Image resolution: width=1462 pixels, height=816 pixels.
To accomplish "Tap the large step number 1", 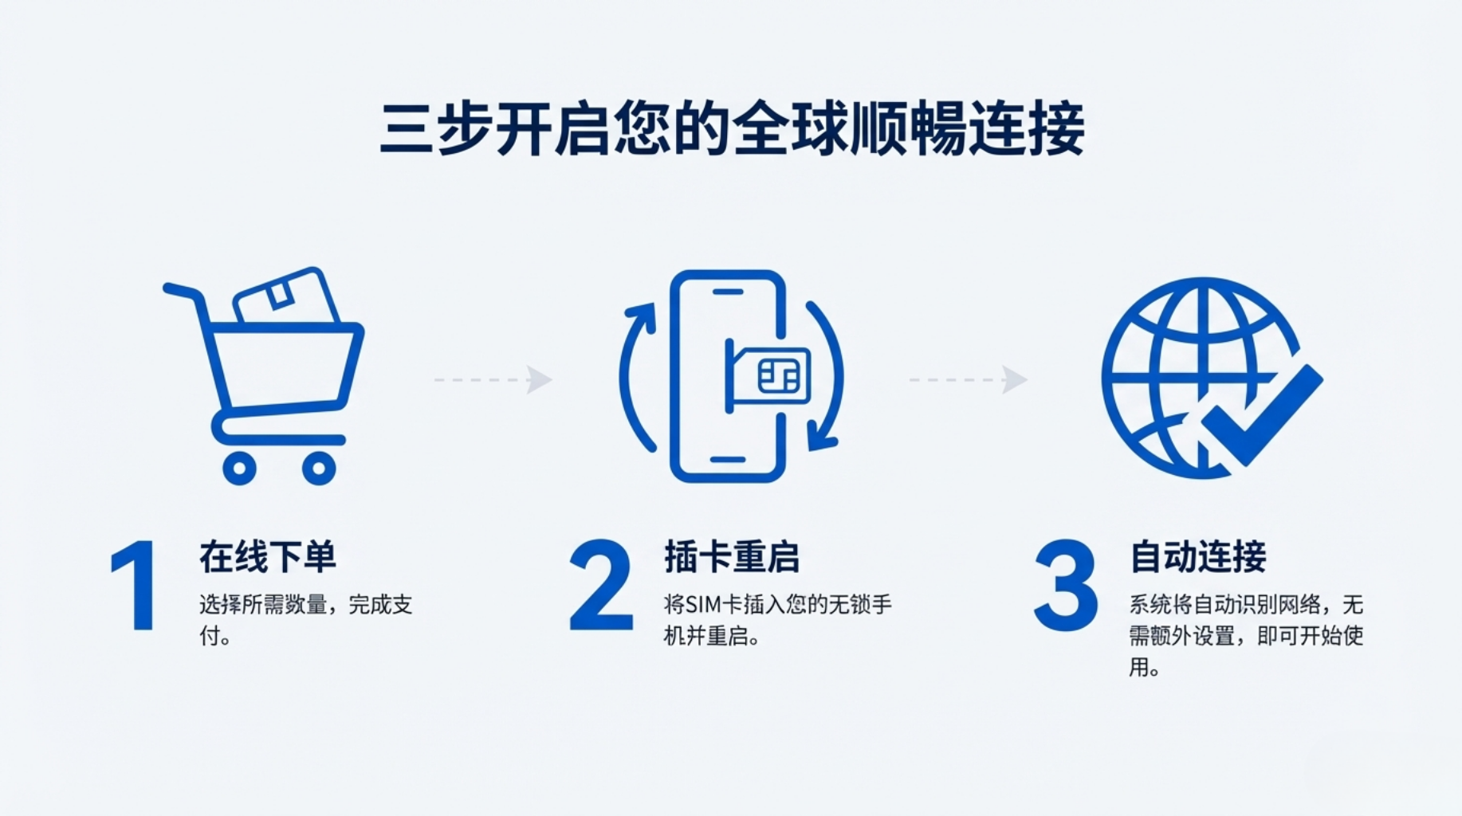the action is tap(135, 585).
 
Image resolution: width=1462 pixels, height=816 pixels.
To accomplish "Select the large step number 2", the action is tap(600, 585).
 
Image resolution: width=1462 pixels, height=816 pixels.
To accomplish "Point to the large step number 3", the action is tap(1065, 585).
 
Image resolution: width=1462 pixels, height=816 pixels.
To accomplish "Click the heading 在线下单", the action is tap(268, 556).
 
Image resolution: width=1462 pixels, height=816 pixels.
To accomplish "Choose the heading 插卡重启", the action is tap(732, 556).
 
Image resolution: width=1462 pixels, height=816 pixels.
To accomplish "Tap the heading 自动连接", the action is tap(1198, 556).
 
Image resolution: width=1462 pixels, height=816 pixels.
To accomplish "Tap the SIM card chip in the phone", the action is tap(778, 376).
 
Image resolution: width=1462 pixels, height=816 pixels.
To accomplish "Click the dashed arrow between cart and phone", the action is tap(493, 379).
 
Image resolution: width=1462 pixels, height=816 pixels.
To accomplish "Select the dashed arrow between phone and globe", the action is tap(969, 379).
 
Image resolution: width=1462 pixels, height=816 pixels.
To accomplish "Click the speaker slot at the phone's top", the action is tap(728, 292).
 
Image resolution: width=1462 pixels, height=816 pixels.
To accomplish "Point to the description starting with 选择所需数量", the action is tap(305, 620).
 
